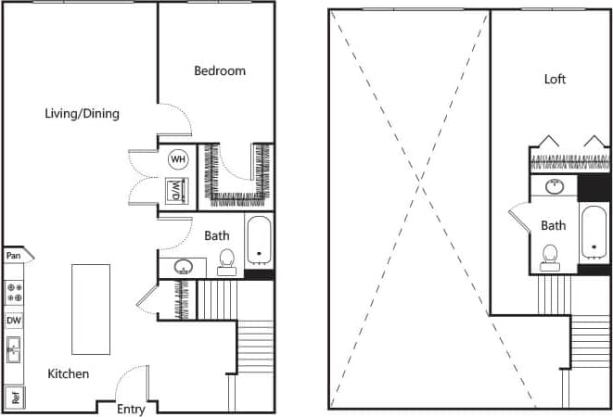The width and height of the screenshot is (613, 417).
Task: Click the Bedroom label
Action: [220, 70]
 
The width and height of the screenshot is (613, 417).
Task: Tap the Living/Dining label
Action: [83, 114]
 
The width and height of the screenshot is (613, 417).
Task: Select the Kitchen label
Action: [69, 373]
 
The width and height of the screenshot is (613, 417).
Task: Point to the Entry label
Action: [130, 409]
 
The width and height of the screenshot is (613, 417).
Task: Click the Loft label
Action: [555, 79]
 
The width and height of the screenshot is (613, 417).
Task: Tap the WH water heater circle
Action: [176, 159]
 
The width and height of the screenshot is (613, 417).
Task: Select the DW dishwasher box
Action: [14, 321]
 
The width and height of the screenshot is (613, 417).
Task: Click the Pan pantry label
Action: [14, 255]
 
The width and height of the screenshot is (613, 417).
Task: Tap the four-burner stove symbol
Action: [14, 293]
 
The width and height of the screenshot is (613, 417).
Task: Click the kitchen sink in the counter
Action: [14, 350]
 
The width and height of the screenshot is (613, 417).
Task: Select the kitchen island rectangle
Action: [91, 309]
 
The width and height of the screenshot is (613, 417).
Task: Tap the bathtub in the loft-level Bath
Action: [594, 234]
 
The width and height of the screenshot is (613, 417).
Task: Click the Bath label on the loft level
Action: [554, 225]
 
